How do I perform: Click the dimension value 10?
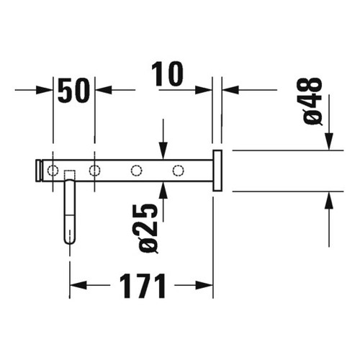[167, 74]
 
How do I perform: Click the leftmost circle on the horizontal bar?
[53, 171]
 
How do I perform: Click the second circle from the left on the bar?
[94, 171]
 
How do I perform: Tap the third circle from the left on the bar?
[136, 171]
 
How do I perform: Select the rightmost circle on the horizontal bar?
[178, 171]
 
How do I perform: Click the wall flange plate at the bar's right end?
[217, 171]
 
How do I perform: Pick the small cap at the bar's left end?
[40, 171]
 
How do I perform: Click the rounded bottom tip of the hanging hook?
[69, 240]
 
